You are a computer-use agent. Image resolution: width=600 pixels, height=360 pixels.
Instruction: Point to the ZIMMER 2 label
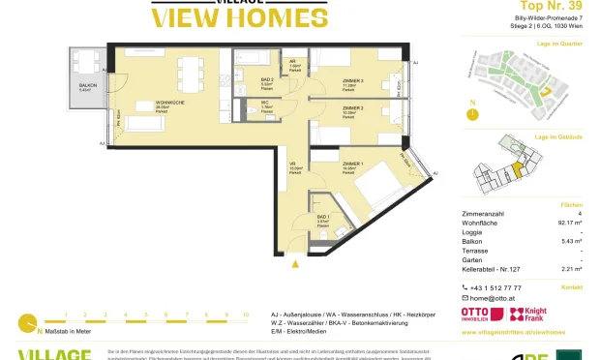tap(352, 109)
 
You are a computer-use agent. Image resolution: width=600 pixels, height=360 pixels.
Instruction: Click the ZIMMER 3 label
tap(353, 80)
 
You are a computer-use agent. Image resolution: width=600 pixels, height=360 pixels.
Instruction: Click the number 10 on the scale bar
tap(246, 315)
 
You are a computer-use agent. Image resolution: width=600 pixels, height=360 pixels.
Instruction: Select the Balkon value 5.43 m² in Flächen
tap(567, 241)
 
